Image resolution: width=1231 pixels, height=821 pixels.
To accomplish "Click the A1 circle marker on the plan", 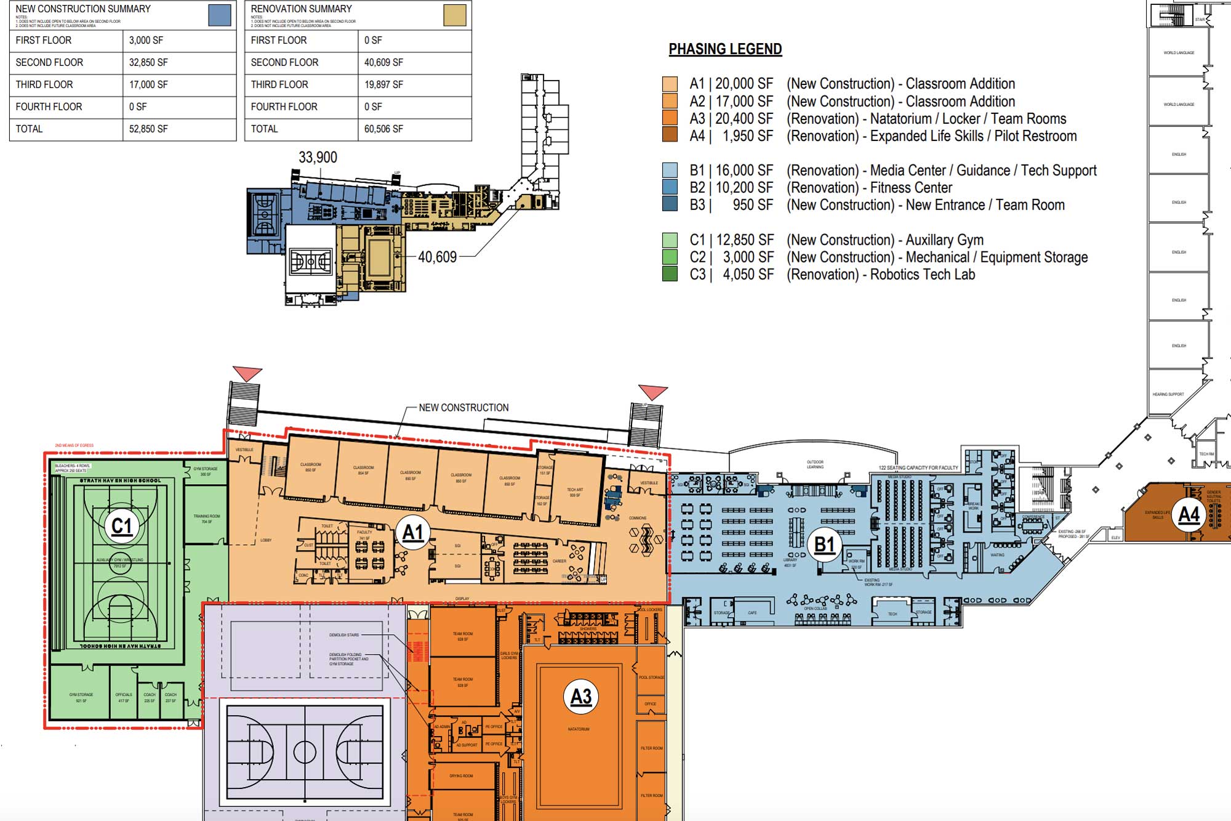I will (x=413, y=533).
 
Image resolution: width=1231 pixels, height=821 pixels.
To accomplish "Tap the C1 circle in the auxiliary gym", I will (x=122, y=527).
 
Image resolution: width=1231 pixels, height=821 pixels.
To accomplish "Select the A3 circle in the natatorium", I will (x=581, y=697).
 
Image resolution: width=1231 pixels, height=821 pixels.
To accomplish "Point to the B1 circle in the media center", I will (x=824, y=544).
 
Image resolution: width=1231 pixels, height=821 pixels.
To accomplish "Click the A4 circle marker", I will (x=1189, y=514).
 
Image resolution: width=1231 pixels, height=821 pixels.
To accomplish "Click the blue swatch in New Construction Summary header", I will (x=220, y=15).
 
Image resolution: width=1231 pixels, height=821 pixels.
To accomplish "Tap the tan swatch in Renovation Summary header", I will (x=455, y=15).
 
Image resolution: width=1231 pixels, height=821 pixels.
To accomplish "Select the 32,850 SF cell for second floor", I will (x=148, y=62).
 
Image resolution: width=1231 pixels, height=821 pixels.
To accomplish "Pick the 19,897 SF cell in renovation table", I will (x=383, y=84).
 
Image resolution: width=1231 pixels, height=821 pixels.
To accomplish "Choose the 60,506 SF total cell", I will (x=383, y=129).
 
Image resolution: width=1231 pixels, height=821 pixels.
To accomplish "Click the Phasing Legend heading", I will (x=725, y=49).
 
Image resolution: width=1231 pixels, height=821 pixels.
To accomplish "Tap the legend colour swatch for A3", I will (x=670, y=118).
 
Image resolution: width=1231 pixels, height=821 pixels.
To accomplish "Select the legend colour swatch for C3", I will (x=670, y=274).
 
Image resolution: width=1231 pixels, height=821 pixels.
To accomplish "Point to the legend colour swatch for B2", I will (x=670, y=187).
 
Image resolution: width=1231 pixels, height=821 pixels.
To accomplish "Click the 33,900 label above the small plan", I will (x=318, y=158).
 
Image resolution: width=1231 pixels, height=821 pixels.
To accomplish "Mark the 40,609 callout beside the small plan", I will (x=437, y=257).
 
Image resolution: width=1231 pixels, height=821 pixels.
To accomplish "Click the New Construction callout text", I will (x=463, y=408).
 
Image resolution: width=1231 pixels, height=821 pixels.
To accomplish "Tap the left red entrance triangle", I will (x=247, y=373).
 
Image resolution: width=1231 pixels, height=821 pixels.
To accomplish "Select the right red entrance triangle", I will (x=652, y=392).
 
